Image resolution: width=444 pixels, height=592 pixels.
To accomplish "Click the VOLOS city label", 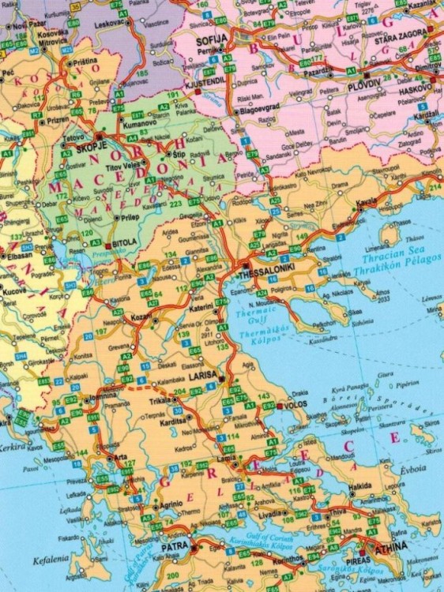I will (298, 409).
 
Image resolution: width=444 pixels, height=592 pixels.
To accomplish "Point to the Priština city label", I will (84, 61).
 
